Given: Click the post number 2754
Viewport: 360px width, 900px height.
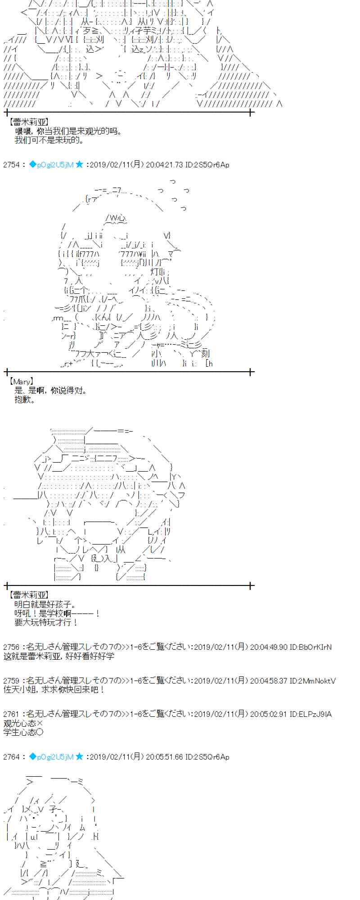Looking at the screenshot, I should coord(11,165).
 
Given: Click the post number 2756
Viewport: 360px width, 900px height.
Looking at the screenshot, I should coord(11,647).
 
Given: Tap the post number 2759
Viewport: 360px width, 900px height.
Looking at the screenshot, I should coord(11,681).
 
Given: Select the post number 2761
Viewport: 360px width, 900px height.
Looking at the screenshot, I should coord(11,714).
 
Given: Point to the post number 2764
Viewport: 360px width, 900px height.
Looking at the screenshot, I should coord(11,757).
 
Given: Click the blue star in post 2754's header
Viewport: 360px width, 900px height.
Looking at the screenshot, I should coord(79,164).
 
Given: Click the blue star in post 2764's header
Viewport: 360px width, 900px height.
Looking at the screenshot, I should coord(79,756).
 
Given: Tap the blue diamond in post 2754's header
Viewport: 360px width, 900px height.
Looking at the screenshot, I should coord(32,164).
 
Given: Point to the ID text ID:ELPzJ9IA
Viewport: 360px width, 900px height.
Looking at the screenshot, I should coord(310,714).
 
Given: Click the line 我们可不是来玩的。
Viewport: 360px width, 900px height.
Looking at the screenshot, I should coord(49,140).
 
